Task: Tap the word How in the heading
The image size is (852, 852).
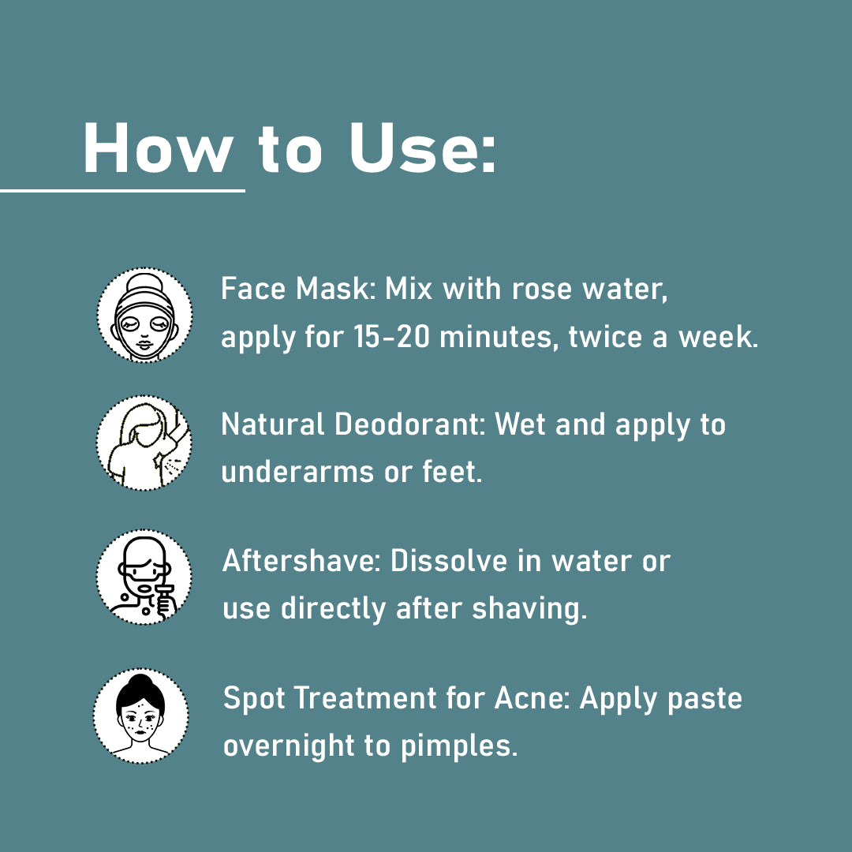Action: [x=158, y=148]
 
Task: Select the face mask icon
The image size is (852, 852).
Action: [x=144, y=315]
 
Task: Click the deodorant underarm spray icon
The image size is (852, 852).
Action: [x=144, y=443]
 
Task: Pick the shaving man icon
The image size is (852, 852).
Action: [x=144, y=577]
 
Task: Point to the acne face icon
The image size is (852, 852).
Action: [x=140, y=716]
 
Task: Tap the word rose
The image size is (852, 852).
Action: [x=542, y=289]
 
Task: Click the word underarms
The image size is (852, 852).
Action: [x=297, y=472]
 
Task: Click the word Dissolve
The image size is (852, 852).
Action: [x=449, y=561]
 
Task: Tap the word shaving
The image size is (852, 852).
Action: [x=529, y=609]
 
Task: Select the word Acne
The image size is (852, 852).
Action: [x=532, y=697]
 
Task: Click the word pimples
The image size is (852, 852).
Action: [x=459, y=746]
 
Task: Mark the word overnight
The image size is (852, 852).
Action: [x=289, y=746]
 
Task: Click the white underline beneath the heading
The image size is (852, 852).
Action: [x=122, y=191]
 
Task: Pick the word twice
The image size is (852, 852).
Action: [x=605, y=337]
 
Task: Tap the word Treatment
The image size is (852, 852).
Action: [x=365, y=697]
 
